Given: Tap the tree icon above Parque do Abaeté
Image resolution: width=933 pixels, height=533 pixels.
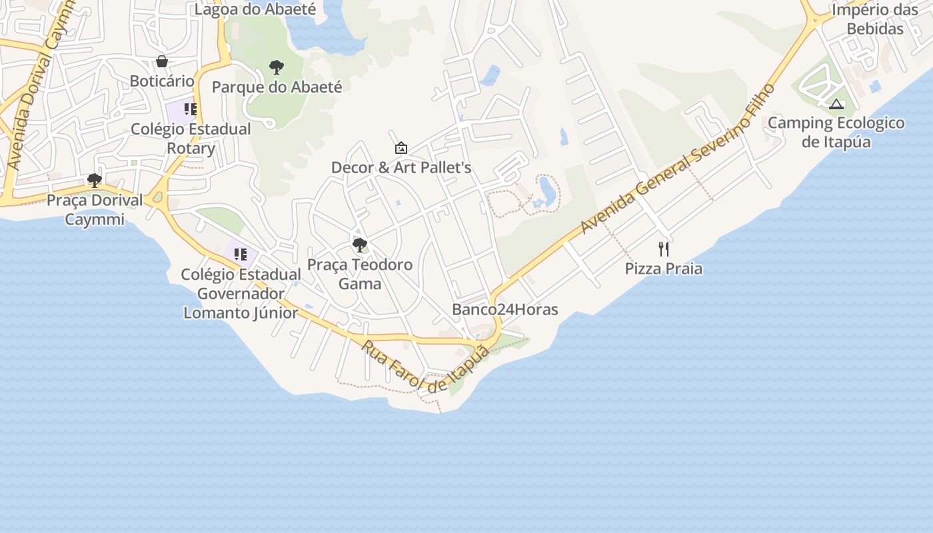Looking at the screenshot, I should [277, 67].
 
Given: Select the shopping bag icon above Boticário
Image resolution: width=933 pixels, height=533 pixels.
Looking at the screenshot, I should [162, 62].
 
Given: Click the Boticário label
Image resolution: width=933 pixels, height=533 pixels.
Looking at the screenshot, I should [162, 81].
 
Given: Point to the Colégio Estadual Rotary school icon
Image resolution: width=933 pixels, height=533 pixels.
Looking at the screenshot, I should [191, 109].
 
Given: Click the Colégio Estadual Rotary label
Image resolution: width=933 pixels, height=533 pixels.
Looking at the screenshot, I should [191, 138].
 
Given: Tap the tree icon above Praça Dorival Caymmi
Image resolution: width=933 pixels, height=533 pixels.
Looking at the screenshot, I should [95, 180].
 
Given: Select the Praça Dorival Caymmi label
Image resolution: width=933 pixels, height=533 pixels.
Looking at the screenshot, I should [95, 209].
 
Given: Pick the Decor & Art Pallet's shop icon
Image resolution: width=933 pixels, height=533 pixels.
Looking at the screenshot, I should [401, 148].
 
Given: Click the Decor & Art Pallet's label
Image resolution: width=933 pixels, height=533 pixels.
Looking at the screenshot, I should [401, 167].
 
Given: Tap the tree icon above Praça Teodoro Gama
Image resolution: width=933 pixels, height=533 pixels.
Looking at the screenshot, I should [360, 245].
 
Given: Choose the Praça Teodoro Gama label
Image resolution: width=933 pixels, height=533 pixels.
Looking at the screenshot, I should [360, 274].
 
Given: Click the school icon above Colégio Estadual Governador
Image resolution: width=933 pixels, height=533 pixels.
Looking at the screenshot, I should [241, 254].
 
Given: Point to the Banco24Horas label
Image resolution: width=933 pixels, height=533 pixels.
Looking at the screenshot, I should [505, 309].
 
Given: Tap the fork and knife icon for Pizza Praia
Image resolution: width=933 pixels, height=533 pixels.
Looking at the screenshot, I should [664, 249].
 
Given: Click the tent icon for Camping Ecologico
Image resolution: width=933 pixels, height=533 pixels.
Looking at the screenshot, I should [836, 104].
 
